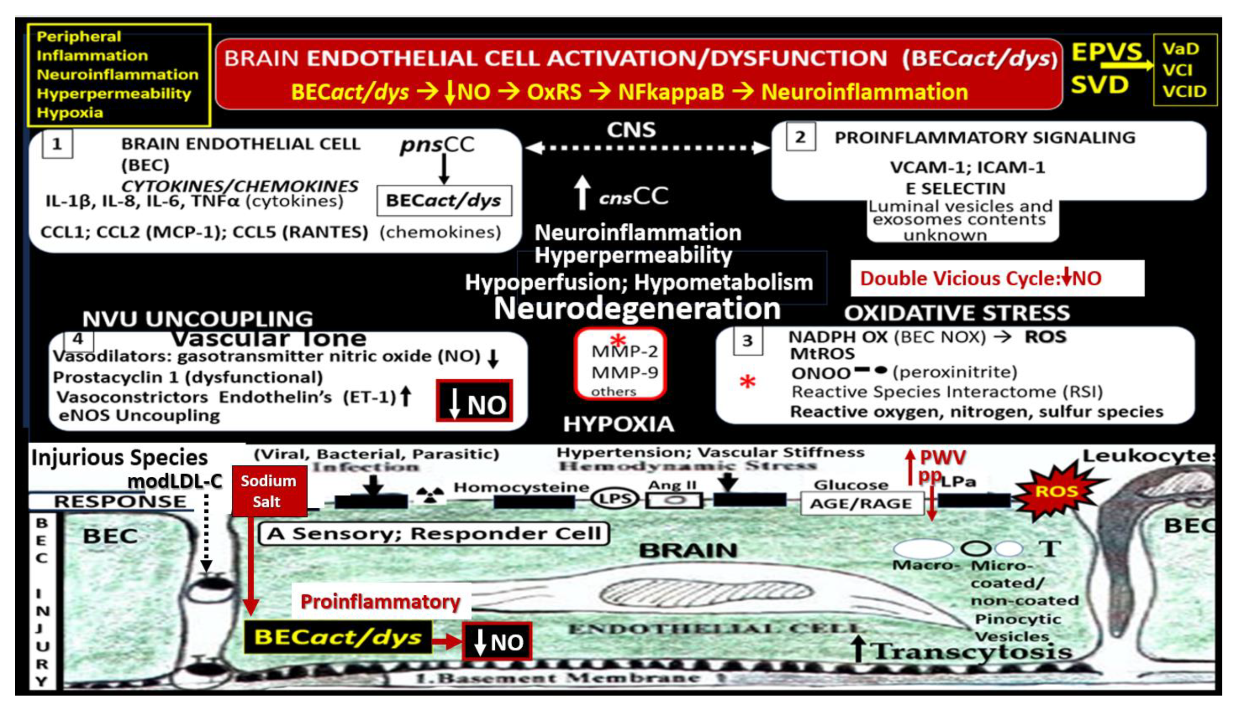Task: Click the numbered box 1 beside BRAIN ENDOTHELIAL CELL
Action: [x=57, y=144]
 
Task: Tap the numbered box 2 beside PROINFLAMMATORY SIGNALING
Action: [x=800, y=137]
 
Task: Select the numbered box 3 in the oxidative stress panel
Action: [x=747, y=340]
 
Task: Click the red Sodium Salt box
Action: [x=269, y=491]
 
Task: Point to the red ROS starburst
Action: [x=1057, y=491]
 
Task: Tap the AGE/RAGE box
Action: [x=861, y=503]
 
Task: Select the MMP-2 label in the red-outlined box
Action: [x=624, y=351]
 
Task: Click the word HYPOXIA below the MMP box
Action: [x=618, y=424]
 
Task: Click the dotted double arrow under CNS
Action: [x=648, y=148]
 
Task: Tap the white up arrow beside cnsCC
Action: [x=582, y=192]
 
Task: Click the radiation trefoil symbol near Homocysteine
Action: [x=430, y=495]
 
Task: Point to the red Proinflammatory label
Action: [x=380, y=601]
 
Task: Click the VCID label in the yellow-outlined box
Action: [x=1184, y=91]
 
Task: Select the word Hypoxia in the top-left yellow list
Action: [x=70, y=113]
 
